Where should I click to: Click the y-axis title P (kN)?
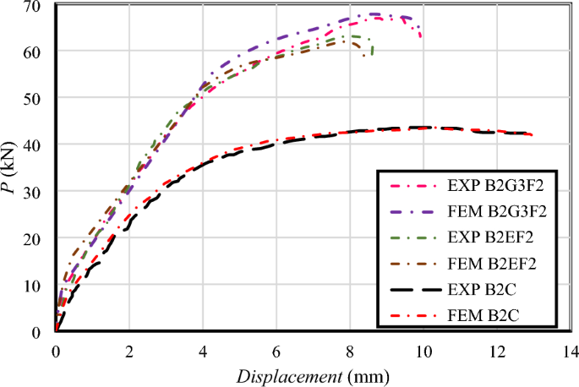13,169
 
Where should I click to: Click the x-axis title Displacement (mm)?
312,373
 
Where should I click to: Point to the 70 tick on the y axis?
39,6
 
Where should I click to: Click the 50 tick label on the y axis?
39,99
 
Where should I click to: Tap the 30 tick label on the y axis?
39,193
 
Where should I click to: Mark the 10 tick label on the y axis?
39,286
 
